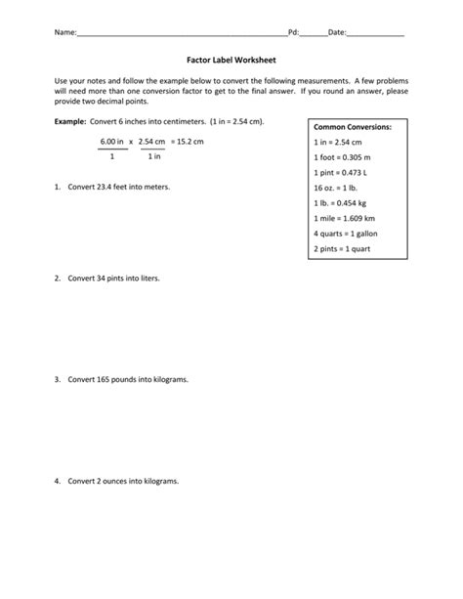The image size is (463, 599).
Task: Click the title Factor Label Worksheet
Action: tap(231, 60)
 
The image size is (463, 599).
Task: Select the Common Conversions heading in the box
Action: tap(353, 127)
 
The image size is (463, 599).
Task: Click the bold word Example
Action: tap(72, 122)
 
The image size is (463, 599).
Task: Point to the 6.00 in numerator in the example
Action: tap(112, 141)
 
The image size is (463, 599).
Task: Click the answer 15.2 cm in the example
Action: tap(190, 141)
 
